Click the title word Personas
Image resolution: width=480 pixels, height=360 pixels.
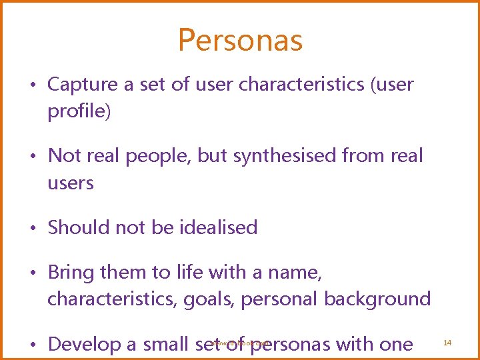point(240,40)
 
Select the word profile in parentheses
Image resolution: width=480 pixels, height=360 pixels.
point(77,111)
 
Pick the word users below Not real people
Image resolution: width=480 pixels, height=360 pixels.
point(70,183)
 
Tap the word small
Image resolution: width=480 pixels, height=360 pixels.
point(167,345)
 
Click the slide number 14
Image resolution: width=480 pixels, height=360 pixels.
point(447,342)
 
